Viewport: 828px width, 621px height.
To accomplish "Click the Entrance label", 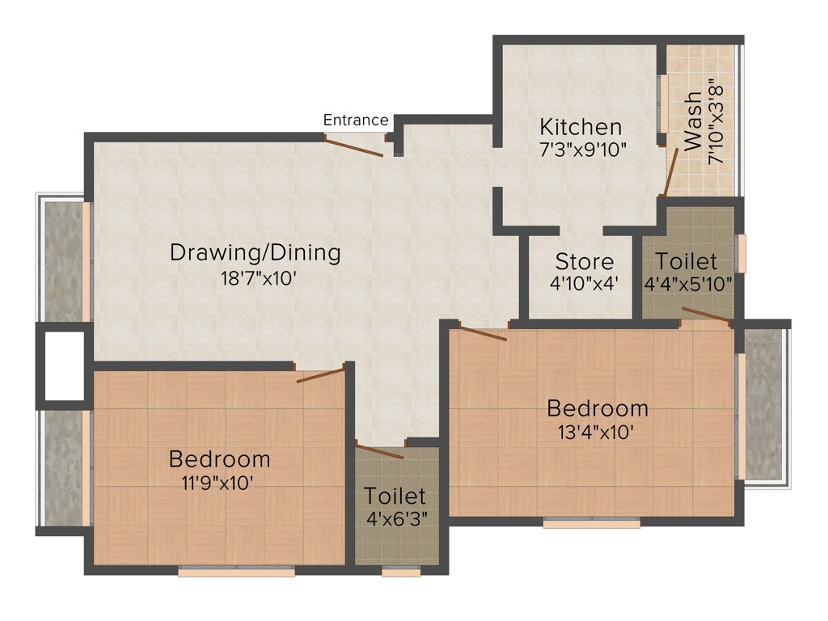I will (x=356, y=120).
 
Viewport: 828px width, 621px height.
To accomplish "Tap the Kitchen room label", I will (x=581, y=128).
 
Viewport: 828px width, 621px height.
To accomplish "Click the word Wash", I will (x=693, y=121).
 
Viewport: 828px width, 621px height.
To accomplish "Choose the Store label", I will (x=584, y=262).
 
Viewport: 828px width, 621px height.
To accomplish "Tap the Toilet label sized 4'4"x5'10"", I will (x=686, y=262).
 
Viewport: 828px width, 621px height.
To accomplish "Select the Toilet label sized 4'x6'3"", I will (x=394, y=496).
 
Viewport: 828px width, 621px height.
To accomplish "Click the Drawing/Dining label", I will (x=255, y=252).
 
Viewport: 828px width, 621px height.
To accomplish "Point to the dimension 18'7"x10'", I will (x=255, y=277).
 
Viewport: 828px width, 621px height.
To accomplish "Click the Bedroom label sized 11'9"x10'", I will (x=219, y=459).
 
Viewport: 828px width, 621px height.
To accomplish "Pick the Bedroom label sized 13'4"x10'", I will (x=597, y=408).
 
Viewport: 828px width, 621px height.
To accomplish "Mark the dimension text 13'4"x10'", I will (x=598, y=431).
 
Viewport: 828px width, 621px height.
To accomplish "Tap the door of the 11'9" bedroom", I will (x=320, y=374).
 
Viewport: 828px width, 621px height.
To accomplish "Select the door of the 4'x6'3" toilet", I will (x=379, y=451).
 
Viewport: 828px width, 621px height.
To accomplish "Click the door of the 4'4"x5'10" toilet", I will (x=706, y=315).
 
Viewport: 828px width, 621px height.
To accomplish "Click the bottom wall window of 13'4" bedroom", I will (x=591, y=523).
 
